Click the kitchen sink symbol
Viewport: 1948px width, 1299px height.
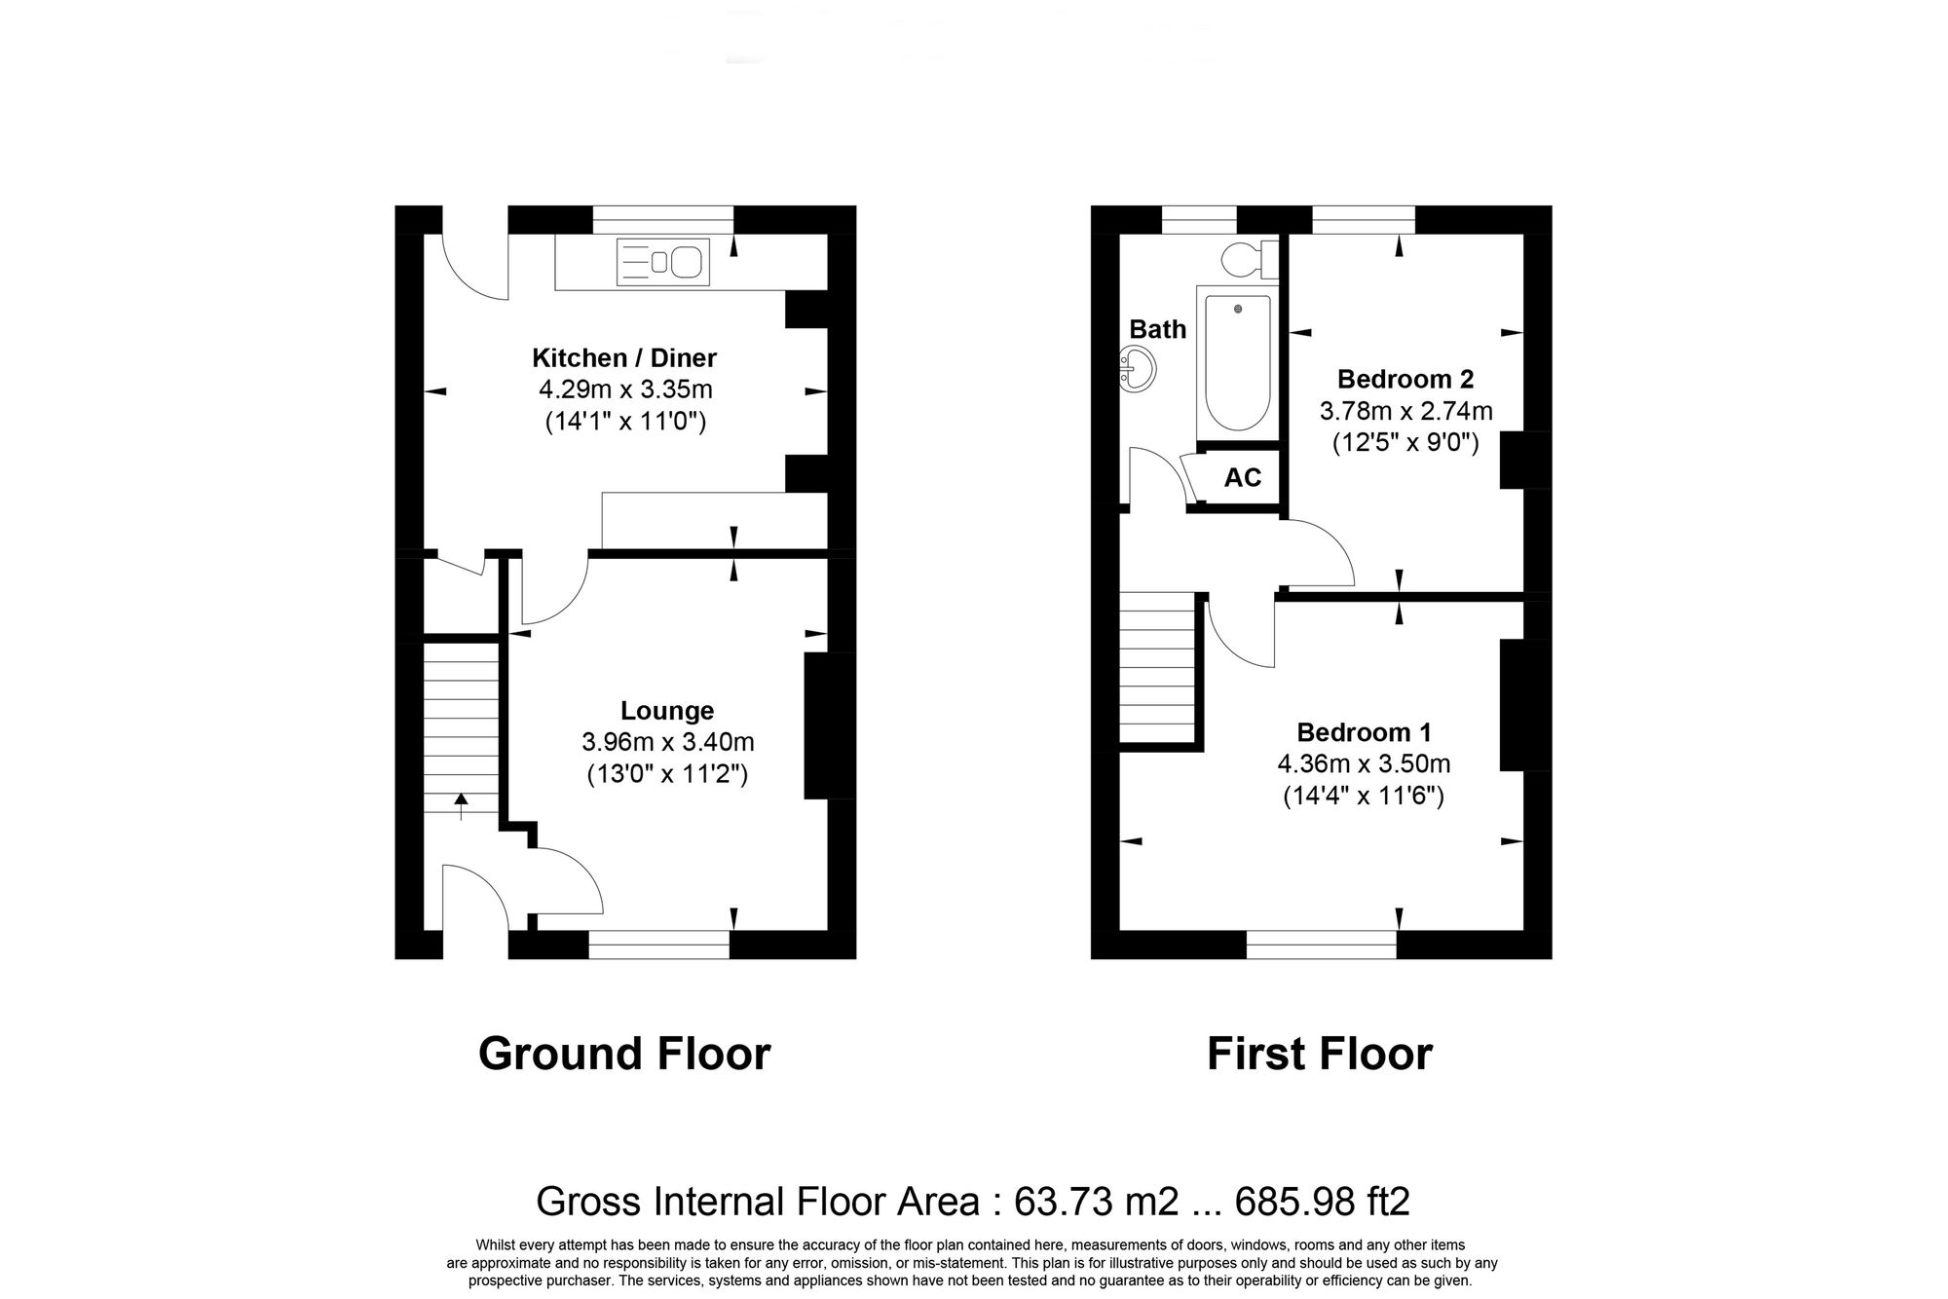(x=662, y=262)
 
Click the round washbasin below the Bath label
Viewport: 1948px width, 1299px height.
(x=1138, y=370)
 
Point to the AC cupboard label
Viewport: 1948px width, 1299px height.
(x=1242, y=478)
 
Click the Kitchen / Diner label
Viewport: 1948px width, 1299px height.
(x=624, y=358)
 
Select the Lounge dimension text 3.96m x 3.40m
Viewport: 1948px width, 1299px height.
(x=667, y=743)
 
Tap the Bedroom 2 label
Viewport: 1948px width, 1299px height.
(x=1405, y=379)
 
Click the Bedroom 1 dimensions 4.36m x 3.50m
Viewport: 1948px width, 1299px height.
(x=1364, y=764)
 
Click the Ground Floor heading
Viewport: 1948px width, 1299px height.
(x=624, y=1055)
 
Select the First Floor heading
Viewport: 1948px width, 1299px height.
(x=1319, y=1055)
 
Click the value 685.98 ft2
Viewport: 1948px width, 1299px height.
(x=1322, y=1202)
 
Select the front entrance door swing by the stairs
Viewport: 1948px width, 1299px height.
(x=475, y=896)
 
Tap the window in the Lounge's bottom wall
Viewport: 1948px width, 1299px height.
(x=658, y=945)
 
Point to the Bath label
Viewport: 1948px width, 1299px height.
(x=1157, y=329)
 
